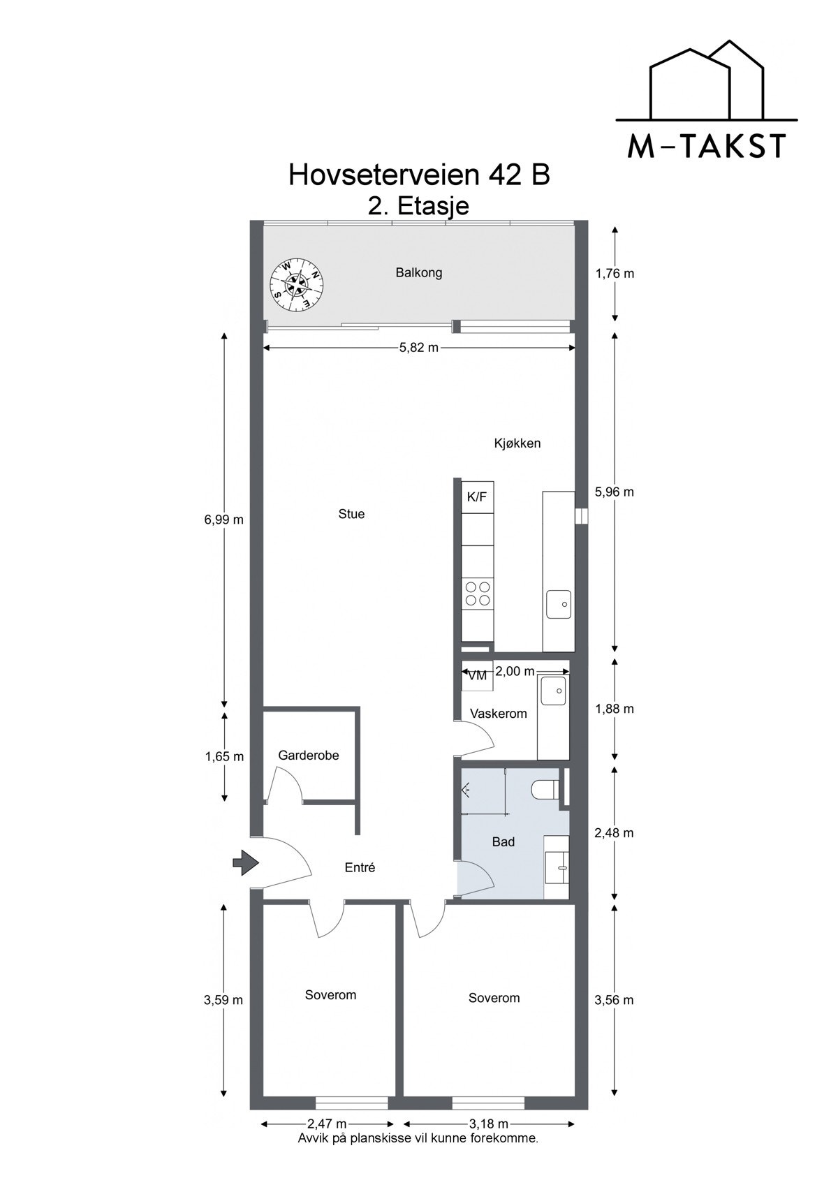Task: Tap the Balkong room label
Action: coord(419,273)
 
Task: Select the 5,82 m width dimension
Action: coord(419,348)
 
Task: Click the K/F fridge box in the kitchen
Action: coord(477,497)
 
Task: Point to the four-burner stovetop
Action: coord(478,593)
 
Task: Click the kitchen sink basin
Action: coord(559,603)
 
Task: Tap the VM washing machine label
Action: coord(478,675)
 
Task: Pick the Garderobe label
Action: coord(309,756)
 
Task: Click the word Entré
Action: coord(360,868)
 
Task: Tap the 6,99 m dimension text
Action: coord(224,520)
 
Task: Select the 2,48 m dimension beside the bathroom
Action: coord(615,833)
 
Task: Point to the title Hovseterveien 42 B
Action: coord(419,175)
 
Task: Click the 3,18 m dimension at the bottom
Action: coord(489,1124)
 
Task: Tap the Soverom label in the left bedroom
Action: coord(330,995)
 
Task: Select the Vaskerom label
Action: coord(499,714)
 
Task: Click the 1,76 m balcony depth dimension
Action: coord(615,274)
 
